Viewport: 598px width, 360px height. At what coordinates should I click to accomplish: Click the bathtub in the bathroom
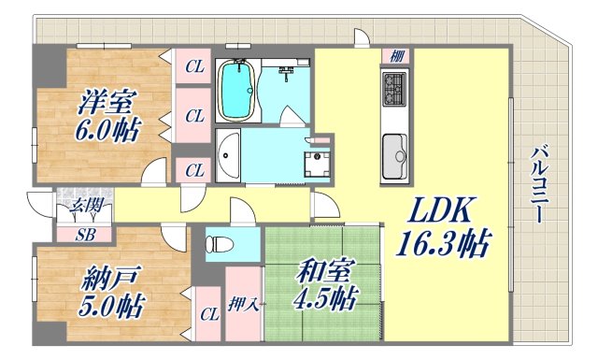(x=237, y=91)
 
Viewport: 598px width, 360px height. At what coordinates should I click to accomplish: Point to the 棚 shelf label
(x=395, y=55)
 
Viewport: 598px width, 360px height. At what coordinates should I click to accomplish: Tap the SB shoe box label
(x=83, y=234)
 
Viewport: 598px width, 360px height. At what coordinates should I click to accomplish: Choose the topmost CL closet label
(x=193, y=65)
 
